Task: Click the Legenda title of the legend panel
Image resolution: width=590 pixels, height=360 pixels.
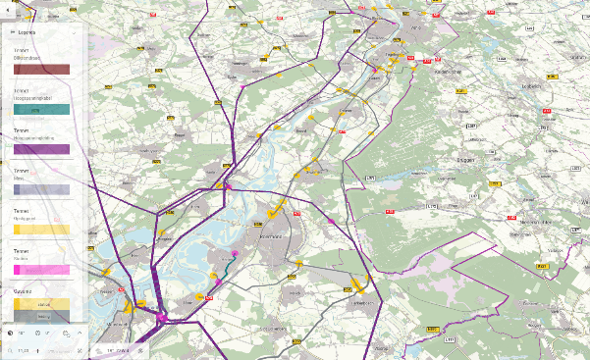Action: pyautogui.click(x=27, y=31)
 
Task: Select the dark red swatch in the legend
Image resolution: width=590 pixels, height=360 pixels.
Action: pyautogui.click(x=41, y=71)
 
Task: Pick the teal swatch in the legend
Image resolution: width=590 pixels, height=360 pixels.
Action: pyautogui.click(x=41, y=110)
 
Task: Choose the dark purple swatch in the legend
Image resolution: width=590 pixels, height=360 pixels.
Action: pyautogui.click(x=41, y=150)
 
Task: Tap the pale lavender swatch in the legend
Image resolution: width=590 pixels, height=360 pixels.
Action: pyautogui.click(x=41, y=189)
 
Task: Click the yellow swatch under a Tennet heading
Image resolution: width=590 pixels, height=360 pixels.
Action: pyautogui.click(x=41, y=230)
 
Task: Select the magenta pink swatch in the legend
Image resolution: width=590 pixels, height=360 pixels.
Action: pyautogui.click(x=41, y=269)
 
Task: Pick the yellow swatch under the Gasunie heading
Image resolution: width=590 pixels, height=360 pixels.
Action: pyautogui.click(x=41, y=304)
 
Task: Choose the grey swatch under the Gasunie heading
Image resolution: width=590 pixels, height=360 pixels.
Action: pyautogui.click(x=41, y=316)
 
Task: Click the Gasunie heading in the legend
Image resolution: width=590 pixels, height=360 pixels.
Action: pyautogui.click(x=23, y=291)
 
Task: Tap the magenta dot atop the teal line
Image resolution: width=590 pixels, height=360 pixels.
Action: pyautogui.click(x=235, y=252)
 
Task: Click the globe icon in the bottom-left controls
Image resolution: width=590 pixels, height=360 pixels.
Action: pyautogui.click(x=10, y=334)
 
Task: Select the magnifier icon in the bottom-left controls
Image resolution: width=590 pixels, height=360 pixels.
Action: pyautogui.click(x=65, y=334)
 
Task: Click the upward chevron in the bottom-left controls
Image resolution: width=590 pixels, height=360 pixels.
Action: pyautogui.click(x=80, y=334)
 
